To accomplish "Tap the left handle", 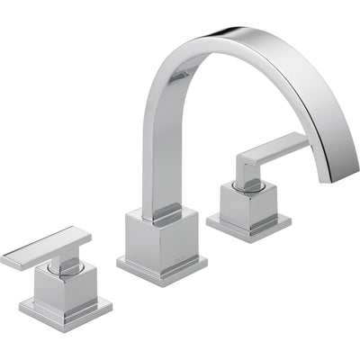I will [58, 274].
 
